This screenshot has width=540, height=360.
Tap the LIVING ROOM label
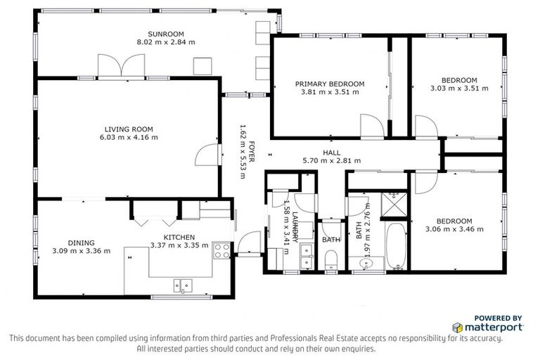point(129,129)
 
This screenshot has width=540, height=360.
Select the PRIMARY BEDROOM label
point(330,84)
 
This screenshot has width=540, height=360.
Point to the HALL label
point(331,153)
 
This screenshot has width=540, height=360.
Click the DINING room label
point(81,243)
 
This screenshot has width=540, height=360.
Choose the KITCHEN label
point(179,238)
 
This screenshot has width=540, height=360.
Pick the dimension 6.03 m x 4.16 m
point(129,137)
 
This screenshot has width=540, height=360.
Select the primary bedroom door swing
point(371,127)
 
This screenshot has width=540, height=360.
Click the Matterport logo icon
point(458,328)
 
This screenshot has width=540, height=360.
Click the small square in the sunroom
point(203,65)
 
